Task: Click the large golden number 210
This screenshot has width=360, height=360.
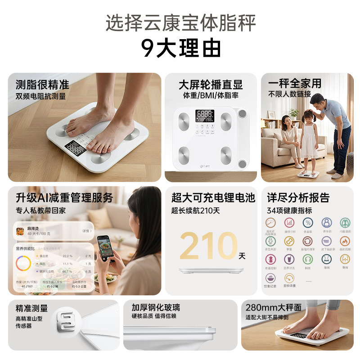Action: (x=208, y=246)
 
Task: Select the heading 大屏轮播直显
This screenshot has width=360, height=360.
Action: (x=211, y=84)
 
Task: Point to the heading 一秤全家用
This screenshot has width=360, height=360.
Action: (x=295, y=83)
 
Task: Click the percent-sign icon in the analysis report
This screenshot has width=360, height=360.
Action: (x=308, y=223)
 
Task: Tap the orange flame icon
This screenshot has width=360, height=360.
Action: (x=345, y=241)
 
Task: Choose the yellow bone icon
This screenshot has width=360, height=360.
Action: (x=289, y=241)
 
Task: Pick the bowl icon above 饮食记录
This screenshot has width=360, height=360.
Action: (x=270, y=278)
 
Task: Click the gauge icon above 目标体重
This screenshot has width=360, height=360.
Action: (x=289, y=278)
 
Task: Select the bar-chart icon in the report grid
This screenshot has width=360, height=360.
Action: (x=289, y=223)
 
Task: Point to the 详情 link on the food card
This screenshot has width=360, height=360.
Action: (x=87, y=231)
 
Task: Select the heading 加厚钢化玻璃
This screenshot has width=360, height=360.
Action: (x=156, y=308)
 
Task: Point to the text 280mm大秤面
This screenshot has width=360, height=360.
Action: (x=274, y=308)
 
